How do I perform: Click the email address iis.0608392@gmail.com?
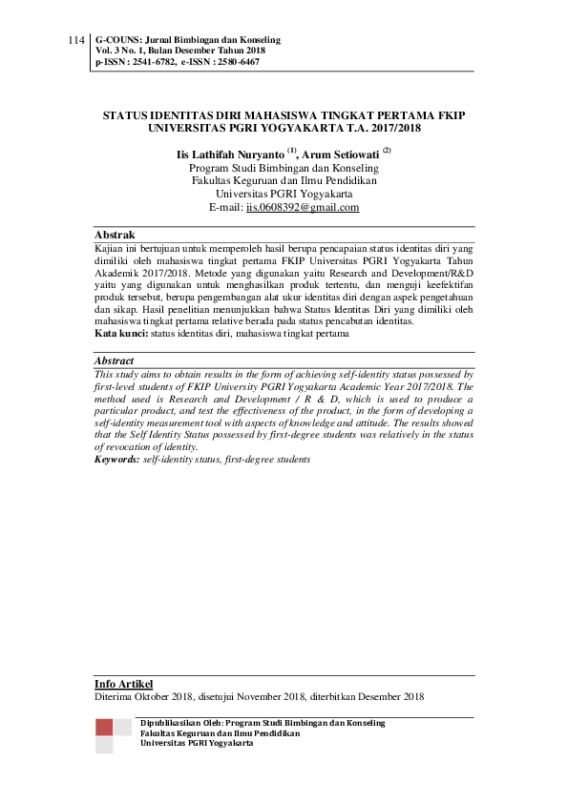pos(303,207)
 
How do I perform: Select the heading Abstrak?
pos(115,235)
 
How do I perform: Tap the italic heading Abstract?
pos(115,361)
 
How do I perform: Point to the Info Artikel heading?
pos(123,684)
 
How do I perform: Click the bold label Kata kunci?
pos(120,335)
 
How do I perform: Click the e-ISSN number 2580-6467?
pos(235,62)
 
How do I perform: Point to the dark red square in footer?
pos(104,728)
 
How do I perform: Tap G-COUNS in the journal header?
pos(116,41)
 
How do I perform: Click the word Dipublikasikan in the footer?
pos(173,723)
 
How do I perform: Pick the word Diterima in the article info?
pos(115,697)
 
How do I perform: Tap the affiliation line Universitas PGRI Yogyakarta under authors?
pos(284,193)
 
